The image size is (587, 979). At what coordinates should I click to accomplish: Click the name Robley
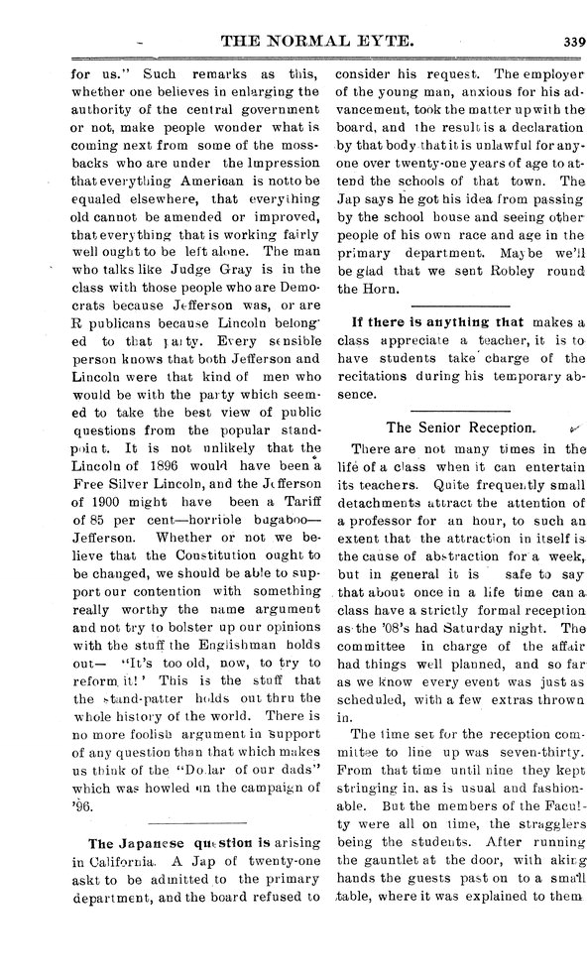[497, 270]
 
